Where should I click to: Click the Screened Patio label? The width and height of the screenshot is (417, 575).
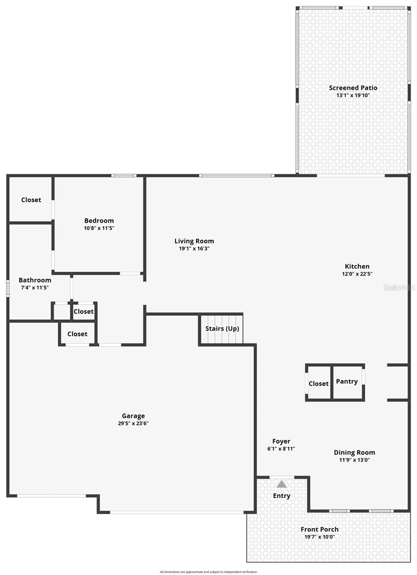(x=353, y=88)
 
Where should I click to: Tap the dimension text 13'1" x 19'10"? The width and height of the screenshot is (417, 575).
(x=353, y=95)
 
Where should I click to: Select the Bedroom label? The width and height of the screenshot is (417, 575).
(x=99, y=220)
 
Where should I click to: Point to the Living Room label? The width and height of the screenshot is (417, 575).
(x=194, y=241)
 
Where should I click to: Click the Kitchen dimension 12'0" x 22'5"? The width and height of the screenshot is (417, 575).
(x=357, y=274)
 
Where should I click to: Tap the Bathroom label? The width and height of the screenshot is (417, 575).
(x=35, y=280)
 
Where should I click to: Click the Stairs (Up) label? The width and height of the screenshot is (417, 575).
(x=222, y=328)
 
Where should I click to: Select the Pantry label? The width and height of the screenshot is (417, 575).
(x=347, y=381)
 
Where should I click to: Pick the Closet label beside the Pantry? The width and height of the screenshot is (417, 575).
(x=318, y=383)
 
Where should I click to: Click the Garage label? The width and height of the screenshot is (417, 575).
(x=133, y=416)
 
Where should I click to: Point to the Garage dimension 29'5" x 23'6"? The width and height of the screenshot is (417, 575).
(x=133, y=424)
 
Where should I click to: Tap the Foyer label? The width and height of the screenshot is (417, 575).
(x=281, y=441)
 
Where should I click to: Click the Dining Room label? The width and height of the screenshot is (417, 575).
(x=354, y=452)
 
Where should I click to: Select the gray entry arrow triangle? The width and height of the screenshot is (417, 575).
(x=281, y=484)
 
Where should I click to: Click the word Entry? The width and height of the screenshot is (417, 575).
(x=281, y=495)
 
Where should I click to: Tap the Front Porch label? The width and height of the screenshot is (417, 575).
(x=319, y=529)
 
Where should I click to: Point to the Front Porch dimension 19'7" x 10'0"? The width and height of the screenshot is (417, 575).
(x=319, y=537)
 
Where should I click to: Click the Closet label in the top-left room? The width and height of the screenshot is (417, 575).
(x=31, y=200)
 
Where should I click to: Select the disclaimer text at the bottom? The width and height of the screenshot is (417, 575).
(x=208, y=572)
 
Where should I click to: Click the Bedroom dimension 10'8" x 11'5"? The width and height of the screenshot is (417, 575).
(x=99, y=228)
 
